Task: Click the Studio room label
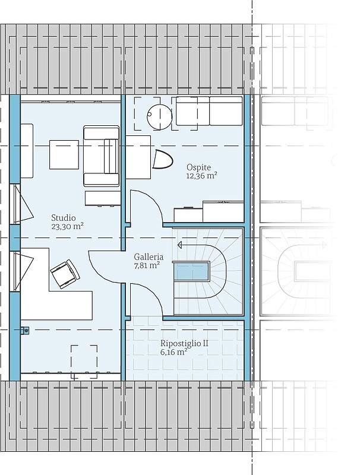point(64,218)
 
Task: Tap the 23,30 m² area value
point(67,227)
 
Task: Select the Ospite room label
point(198,167)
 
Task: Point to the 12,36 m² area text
point(202,176)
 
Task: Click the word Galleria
point(149,257)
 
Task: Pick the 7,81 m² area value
point(147,265)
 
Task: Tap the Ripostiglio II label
point(184,344)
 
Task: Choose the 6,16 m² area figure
point(173,352)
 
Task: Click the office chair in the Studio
point(65,274)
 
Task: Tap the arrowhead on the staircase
point(180,245)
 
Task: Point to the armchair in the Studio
point(101,156)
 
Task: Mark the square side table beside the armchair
point(64,154)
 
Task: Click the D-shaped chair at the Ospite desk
point(162,159)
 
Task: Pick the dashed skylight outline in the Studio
point(84,362)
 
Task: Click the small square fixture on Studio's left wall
point(25,330)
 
